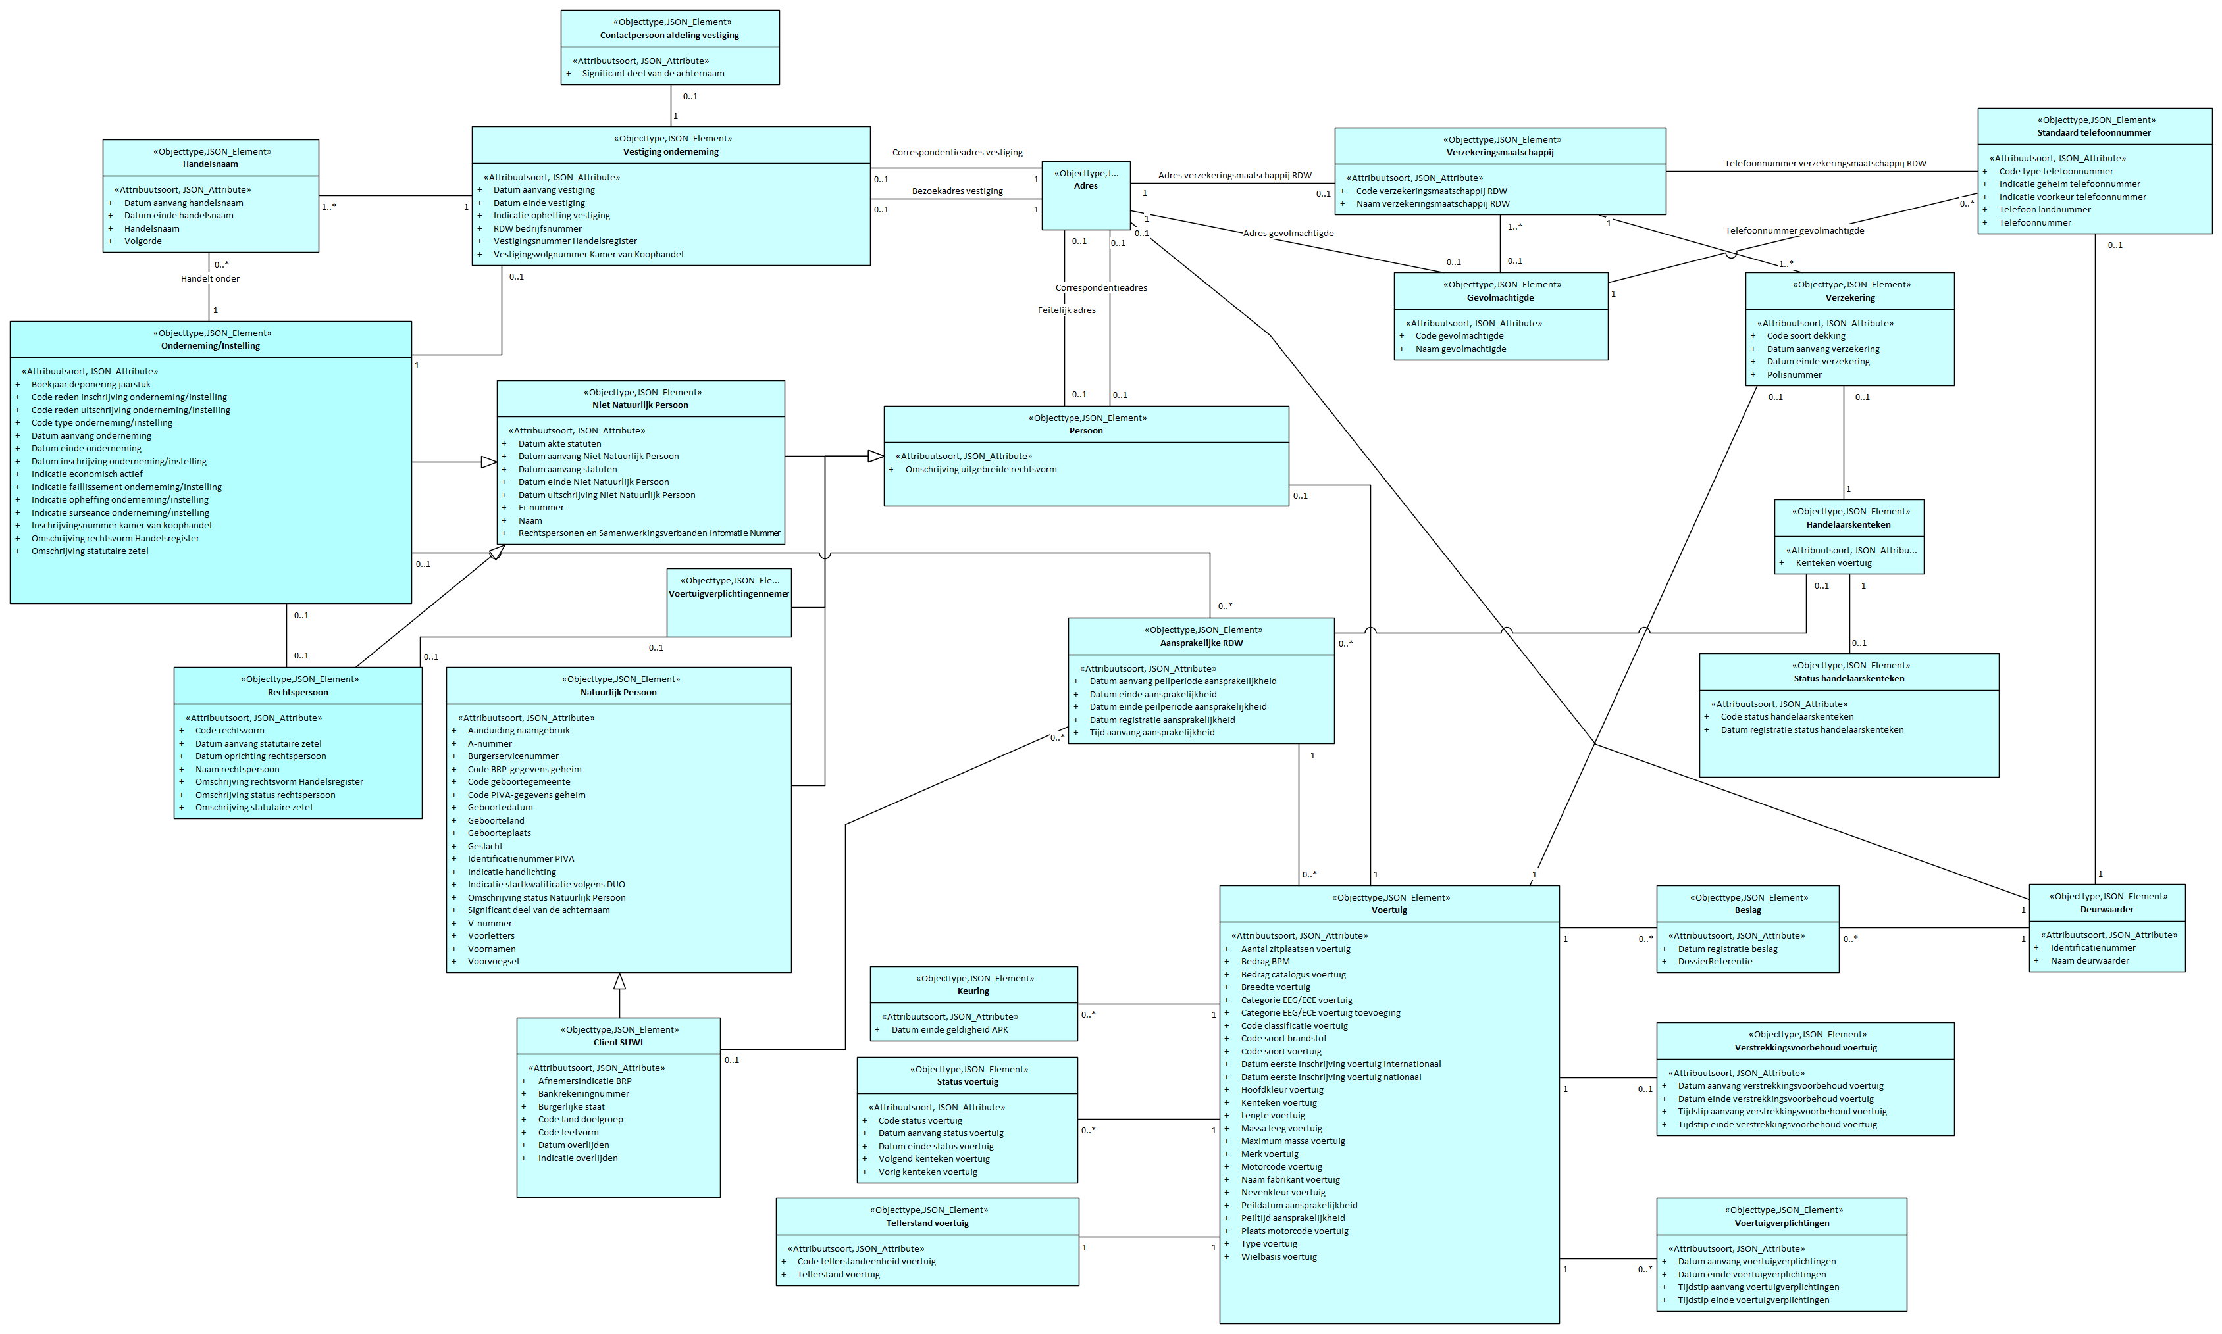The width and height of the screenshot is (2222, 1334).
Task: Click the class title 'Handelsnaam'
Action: coord(211,164)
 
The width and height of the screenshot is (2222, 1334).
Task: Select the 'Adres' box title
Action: coord(1085,186)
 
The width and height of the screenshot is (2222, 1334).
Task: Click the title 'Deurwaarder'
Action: coord(2106,910)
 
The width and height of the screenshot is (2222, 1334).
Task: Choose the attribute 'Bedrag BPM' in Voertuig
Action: coord(1264,962)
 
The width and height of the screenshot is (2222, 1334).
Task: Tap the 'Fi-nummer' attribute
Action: coord(540,508)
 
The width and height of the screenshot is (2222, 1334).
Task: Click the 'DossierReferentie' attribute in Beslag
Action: coord(1714,962)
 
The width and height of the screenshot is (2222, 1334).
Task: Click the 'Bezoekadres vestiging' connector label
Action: coord(957,191)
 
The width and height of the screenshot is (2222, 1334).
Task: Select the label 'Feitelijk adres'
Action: coord(1066,310)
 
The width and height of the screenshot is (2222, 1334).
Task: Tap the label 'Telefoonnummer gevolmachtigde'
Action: coord(1794,231)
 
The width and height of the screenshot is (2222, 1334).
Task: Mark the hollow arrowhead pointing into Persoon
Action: coord(875,457)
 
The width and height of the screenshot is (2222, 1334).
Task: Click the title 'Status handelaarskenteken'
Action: coord(1848,679)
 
